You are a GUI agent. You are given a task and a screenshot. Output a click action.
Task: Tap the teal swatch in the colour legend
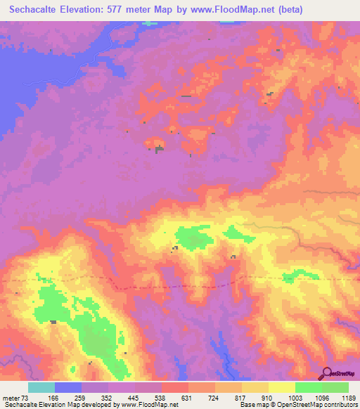41,387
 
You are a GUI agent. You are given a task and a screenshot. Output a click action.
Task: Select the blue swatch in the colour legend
68,387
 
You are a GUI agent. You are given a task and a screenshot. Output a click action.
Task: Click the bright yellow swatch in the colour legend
282,387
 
